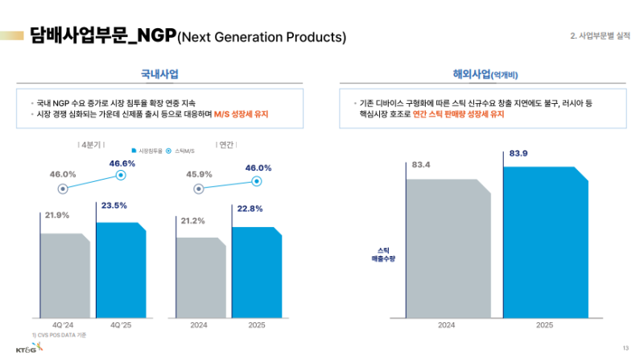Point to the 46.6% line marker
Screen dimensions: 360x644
[121, 175]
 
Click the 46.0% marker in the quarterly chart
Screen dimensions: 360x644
[64, 189]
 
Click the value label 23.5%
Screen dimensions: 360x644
[114, 205]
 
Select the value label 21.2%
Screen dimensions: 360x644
[192, 220]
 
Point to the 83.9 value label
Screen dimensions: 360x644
[518, 153]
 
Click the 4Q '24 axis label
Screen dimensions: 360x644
[64, 325]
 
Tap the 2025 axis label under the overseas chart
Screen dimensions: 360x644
[544, 325]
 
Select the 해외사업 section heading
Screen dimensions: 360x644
[485, 74]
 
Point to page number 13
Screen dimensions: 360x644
[625, 348]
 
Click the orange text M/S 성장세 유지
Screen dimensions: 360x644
[241, 114]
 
